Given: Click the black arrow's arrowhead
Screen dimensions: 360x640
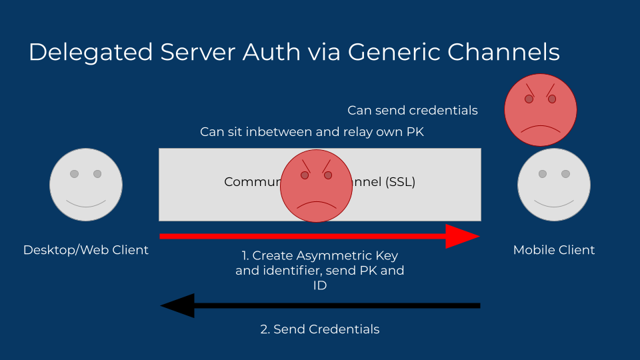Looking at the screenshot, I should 177,305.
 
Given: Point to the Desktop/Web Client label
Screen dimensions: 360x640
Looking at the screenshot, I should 85,250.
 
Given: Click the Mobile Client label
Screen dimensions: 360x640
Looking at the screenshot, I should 554,250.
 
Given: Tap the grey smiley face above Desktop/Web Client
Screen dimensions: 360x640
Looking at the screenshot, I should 85,185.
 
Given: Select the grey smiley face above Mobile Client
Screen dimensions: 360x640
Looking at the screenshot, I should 554,185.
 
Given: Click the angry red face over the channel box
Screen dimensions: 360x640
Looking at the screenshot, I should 316,185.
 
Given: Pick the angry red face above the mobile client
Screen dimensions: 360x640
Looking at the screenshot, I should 540,109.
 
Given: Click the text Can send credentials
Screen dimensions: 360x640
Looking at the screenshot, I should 413,110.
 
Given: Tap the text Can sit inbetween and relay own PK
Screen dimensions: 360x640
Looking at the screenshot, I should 312,132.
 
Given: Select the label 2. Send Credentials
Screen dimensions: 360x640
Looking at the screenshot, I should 319,329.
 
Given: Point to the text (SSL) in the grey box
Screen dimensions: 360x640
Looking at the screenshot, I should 400,182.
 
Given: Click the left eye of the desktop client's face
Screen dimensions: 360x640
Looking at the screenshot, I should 74,174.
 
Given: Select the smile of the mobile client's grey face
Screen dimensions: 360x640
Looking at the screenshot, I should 554,201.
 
